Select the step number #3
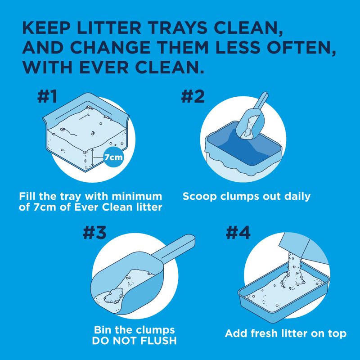click(95, 232)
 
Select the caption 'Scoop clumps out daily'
click(247, 197)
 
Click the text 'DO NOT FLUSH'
click(135, 341)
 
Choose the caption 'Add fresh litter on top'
click(285, 334)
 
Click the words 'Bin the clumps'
click(134, 329)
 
